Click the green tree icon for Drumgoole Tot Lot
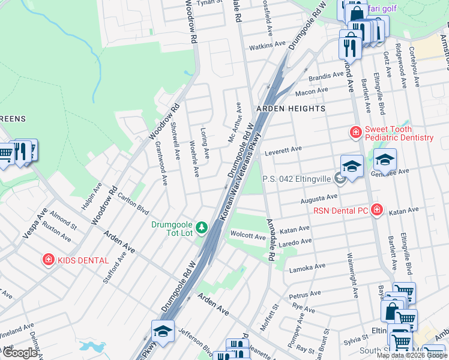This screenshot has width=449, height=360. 203,227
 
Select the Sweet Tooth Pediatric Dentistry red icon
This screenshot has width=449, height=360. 355,131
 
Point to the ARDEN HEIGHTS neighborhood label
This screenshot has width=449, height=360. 291,109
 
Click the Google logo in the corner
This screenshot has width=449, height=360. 20,353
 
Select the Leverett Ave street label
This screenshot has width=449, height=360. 283,152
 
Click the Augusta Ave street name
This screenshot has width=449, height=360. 319,197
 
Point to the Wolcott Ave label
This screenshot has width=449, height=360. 248,237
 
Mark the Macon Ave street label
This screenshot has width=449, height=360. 311,91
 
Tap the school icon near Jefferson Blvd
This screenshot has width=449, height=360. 163,330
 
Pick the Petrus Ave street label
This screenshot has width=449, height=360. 307,295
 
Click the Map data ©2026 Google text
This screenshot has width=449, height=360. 411,355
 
